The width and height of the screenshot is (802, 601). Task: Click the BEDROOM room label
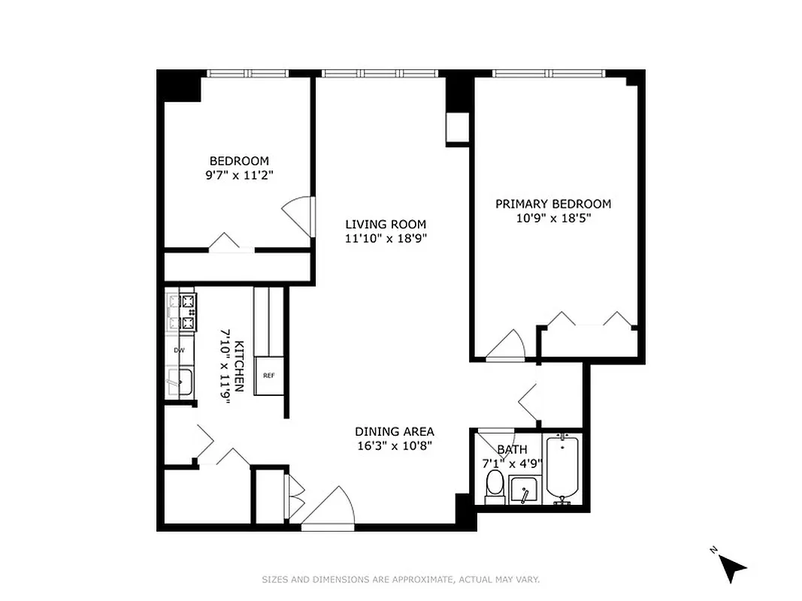pos(238,161)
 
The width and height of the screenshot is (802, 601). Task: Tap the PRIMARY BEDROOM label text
pos(552,204)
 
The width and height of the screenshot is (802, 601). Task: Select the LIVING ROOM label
pos(386,224)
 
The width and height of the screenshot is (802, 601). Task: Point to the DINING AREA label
pos(395,431)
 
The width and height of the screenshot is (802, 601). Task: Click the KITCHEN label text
pos(239,367)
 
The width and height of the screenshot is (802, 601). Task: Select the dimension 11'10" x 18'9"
pos(386,239)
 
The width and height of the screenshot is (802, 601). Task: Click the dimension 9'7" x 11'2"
pos(238,176)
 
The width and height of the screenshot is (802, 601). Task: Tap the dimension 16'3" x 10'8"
pos(395,445)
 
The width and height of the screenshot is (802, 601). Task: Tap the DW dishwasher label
pos(179,350)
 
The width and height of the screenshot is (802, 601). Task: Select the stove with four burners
pos(180,313)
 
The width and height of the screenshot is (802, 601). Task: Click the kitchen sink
pos(179,382)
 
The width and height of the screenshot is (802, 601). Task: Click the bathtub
pos(562,470)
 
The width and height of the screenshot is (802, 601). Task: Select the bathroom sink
pos(523,492)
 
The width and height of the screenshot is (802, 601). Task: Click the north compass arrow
pos(733,567)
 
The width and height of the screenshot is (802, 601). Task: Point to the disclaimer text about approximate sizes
pos(401,579)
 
